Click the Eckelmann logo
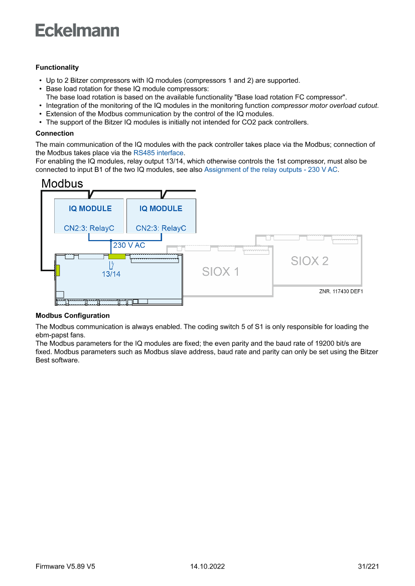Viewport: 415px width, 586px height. tap(77, 30)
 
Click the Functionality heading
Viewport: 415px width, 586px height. tap(57, 67)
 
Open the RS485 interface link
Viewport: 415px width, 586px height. tap(158, 153)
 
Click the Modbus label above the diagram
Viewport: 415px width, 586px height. tap(62, 183)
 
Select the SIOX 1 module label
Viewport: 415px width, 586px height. tap(220, 272)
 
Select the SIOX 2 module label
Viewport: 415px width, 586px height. tap(310, 261)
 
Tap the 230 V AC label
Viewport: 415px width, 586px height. tap(129, 245)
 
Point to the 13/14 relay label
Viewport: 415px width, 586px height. tap(111, 274)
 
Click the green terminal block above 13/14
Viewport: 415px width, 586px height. tap(117, 256)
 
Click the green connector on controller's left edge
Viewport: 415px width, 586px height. tap(58, 270)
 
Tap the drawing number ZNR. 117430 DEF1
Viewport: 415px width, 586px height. tap(341, 292)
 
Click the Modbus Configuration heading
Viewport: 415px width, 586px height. tap(73, 316)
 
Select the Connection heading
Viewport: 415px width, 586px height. tap(55, 133)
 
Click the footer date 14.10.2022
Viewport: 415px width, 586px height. tap(207, 566)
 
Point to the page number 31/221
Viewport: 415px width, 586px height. tap(368, 566)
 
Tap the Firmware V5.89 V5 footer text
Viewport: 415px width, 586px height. tap(66, 566)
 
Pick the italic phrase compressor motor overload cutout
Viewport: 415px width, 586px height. tap(324, 106)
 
